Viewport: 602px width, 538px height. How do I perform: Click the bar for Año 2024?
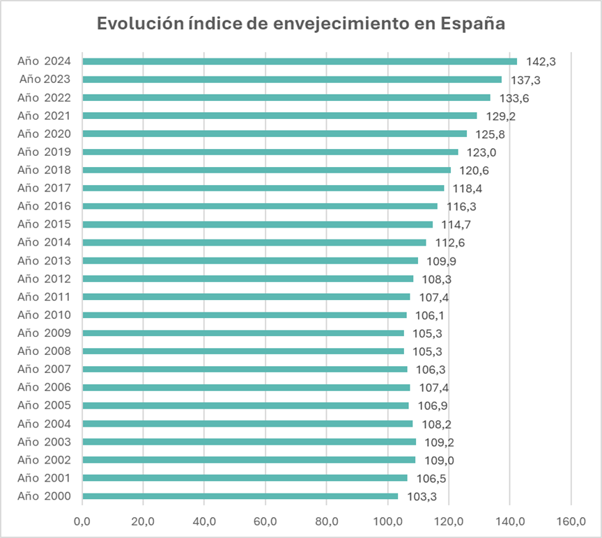pyautogui.click(x=300, y=61)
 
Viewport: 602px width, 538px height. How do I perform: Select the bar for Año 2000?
pyautogui.click(x=240, y=496)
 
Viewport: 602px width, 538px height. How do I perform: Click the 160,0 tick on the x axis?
pyautogui.click(x=571, y=520)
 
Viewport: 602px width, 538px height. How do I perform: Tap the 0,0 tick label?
pyautogui.click(x=82, y=520)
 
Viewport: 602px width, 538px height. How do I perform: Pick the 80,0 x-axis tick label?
pyautogui.click(x=327, y=520)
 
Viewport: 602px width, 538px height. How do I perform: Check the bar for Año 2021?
pyautogui.click(x=279, y=116)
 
